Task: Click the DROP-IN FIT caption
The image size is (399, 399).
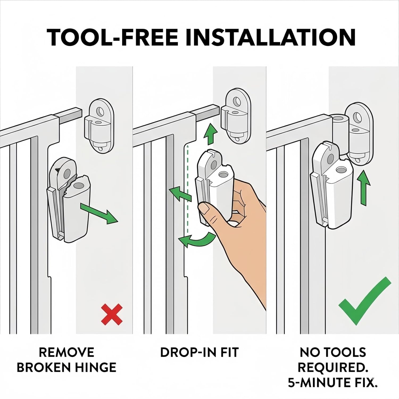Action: [x=199, y=352]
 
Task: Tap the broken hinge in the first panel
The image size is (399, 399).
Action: [x=68, y=199]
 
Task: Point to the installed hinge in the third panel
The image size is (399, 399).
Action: [x=332, y=186]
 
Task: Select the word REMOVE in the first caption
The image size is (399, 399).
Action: [x=66, y=352]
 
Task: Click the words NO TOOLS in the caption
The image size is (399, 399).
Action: [x=332, y=352]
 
